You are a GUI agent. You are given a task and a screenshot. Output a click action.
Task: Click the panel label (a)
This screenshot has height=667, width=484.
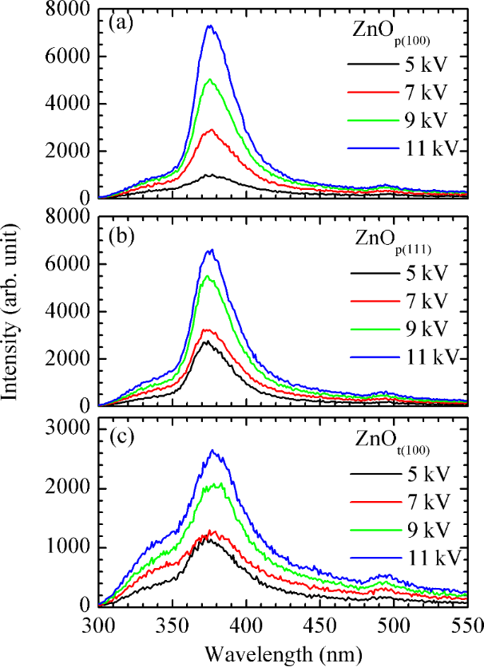[120, 23]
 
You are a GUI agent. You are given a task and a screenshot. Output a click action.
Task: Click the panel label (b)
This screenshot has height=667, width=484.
[121, 237]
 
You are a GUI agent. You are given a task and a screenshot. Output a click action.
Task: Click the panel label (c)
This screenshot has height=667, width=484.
[120, 437]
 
